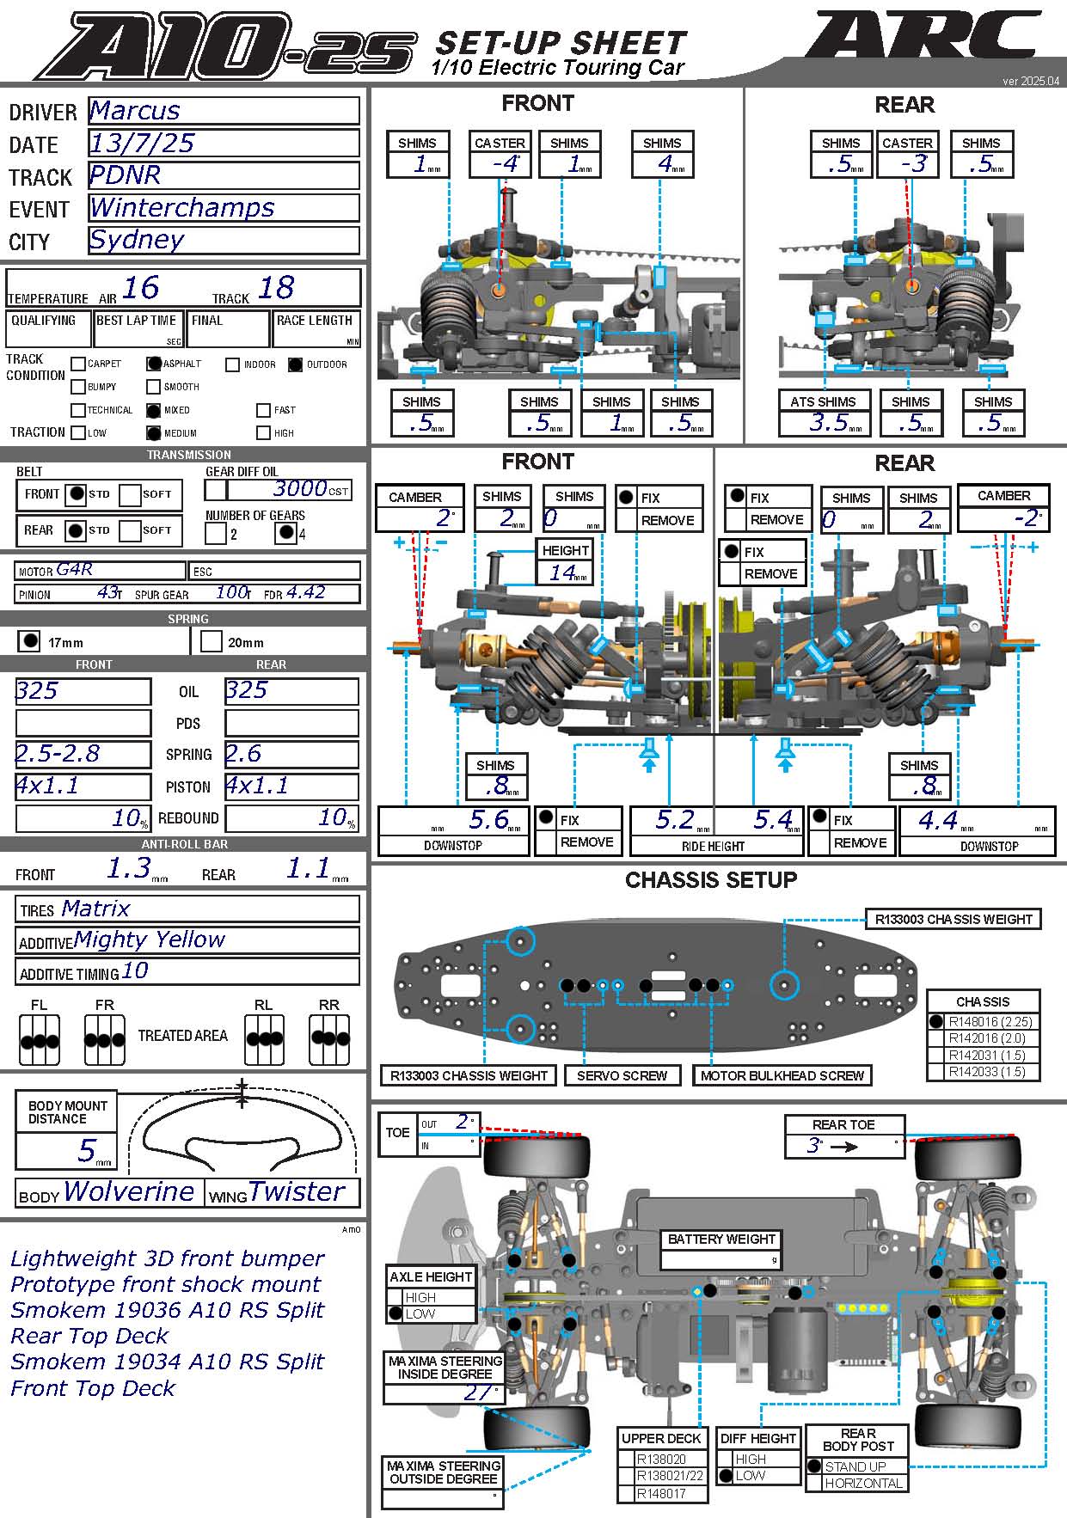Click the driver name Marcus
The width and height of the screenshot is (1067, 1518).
(x=135, y=111)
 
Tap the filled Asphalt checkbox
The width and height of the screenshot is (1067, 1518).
(x=154, y=364)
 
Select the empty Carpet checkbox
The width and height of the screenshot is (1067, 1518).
(x=78, y=364)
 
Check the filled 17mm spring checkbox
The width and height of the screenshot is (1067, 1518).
(x=30, y=641)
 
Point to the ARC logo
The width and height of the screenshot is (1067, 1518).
(x=922, y=39)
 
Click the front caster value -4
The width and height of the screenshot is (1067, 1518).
(x=506, y=163)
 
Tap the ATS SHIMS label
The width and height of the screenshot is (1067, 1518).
(x=823, y=401)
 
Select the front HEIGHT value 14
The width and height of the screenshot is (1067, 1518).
(x=563, y=572)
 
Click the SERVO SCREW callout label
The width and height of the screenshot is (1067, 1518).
(x=622, y=1075)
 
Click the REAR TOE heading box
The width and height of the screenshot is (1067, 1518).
(x=843, y=1124)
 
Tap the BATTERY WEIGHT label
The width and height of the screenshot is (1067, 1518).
(x=721, y=1239)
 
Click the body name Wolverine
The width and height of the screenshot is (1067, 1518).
(x=129, y=1191)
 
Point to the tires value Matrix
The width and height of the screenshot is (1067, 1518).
(x=95, y=909)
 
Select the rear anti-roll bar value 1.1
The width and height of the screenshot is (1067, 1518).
(x=308, y=869)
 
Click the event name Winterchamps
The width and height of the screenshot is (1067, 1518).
(x=182, y=208)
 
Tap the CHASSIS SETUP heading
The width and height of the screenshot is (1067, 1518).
(x=711, y=879)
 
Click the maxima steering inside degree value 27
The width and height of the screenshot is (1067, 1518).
(x=477, y=1392)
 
